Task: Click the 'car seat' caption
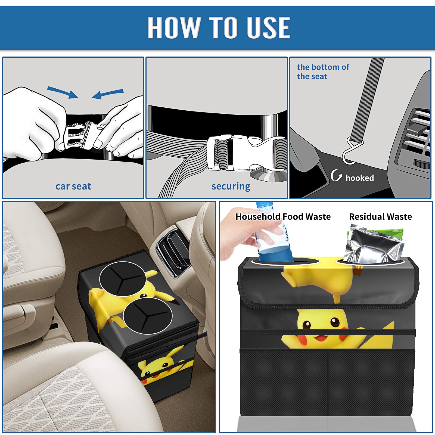pyautogui.click(x=73, y=186)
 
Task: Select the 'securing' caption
pyautogui.click(x=231, y=187)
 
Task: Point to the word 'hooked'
pyautogui.click(x=360, y=178)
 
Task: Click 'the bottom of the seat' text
pyautogui.click(x=323, y=72)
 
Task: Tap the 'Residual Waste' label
pyautogui.click(x=380, y=216)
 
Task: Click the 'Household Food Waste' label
pyautogui.click(x=283, y=216)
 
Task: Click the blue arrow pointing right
pyautogui.click(x=63, y=92)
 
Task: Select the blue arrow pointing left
pyautogui.click(x=108, y=94)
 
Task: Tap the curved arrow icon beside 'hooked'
pyautogui.click(x=336, y=175)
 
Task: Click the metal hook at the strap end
pyautogui.click(x=351, y=151)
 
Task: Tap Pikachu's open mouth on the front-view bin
pyautogui.click(x=321, y=338)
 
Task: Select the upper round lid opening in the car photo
pyautogui.click(x=123, y=279)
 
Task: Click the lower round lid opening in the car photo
pyautogui.click(x=148, y=316)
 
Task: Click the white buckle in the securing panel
pyautogui.click(x=246, y=153)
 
